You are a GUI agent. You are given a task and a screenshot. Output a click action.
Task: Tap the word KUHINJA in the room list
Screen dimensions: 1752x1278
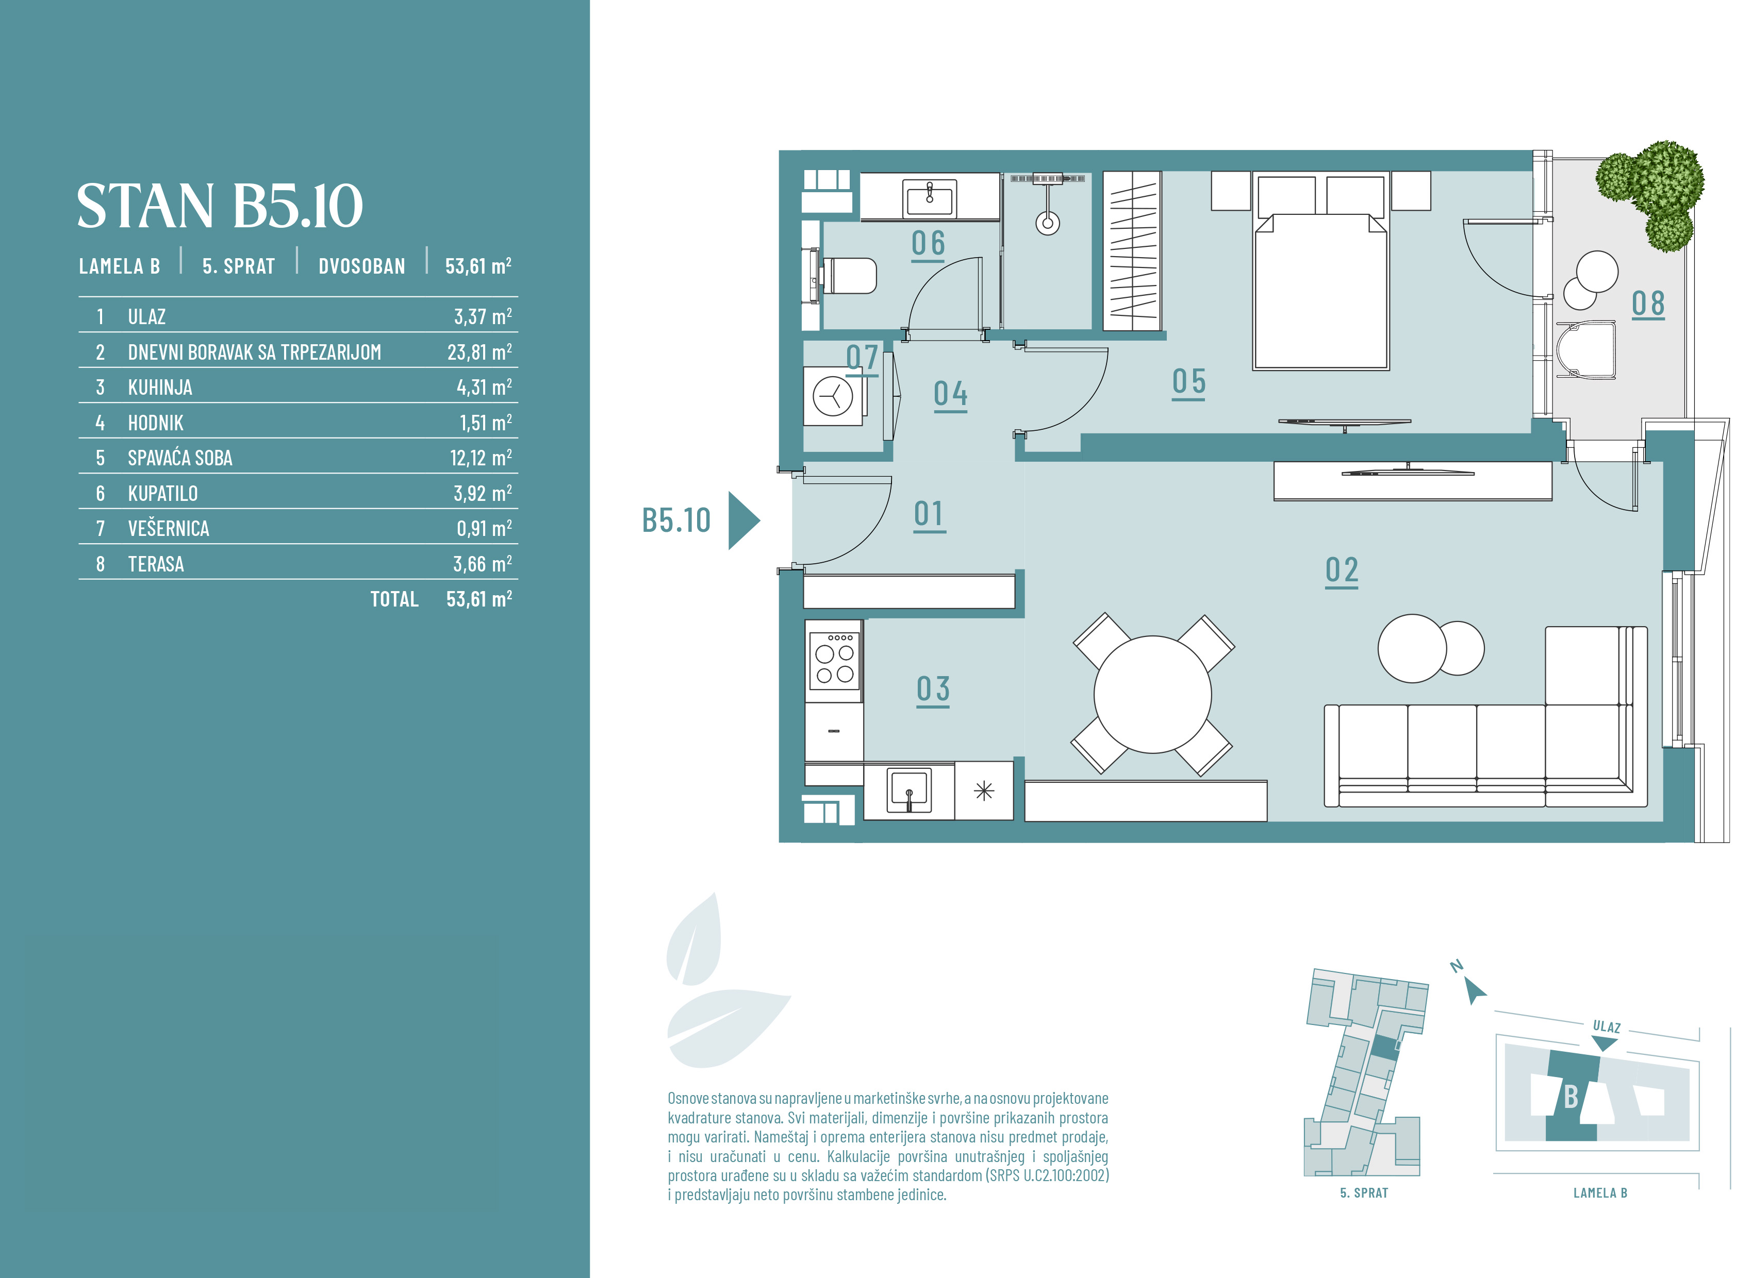pyautogui.click(x=160, y=388)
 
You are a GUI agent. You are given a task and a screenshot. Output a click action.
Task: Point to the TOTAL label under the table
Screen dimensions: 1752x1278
pyautogui.click(x=394, y=599)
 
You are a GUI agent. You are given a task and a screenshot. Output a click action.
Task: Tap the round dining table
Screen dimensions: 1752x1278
pyautogui.click(x=1152, y=695)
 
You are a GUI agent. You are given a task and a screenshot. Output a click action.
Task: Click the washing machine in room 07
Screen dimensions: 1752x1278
pyautogui.click(x=833, y=397)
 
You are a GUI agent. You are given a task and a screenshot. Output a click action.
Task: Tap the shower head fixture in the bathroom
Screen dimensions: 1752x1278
pyautogui.click(x=1048, y=205)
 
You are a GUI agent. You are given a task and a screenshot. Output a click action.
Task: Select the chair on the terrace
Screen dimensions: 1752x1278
pyautogui.click(x=1586, y=350)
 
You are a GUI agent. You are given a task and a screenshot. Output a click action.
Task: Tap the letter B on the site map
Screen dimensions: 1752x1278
pyautogui.click(x=1571, y=1096)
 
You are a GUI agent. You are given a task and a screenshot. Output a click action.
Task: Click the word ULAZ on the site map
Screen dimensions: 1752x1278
pyautogui.click(x=1607, y=1027)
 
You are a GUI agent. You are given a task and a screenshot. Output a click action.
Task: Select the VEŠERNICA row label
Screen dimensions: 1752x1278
pyautogui.click(x=169, y=528)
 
